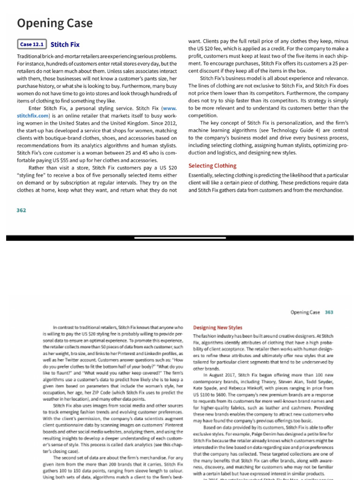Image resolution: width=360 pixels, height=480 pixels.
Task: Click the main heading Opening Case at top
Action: tap(55, 23)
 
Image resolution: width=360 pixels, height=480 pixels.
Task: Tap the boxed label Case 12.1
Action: tap(32, 45)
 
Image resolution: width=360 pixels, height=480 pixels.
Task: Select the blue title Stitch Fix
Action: tap(65, 45)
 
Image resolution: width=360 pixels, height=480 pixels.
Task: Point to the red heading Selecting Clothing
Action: tap(212, 166)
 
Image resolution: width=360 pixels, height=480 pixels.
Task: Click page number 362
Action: tap(22, 210)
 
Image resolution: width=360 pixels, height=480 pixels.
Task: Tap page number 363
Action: tap(329, 312)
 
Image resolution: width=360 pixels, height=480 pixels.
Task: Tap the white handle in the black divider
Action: tap(180, 238)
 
